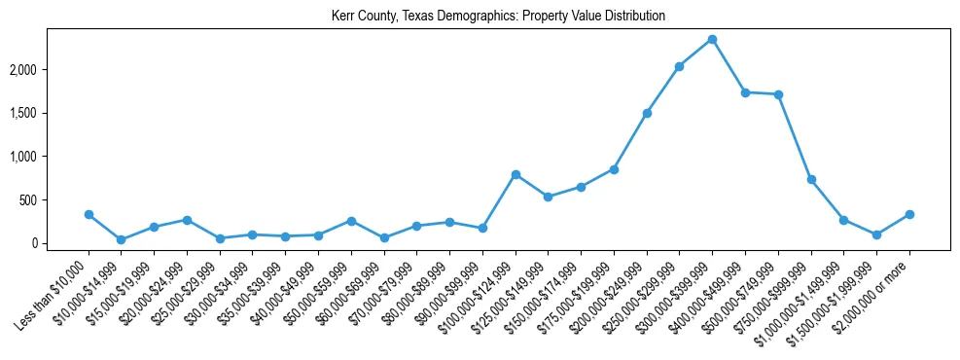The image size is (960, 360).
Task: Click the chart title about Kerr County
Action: [x=498, y=17]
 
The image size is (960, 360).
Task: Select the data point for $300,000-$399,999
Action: [x=712, y=40]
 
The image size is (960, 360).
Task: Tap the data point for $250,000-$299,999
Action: [x=679, y=67]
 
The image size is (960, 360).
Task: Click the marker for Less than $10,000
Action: [x=89, y=214]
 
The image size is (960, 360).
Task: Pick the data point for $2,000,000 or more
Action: [x=909, y=214]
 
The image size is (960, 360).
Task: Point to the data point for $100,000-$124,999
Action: [x=516, y=174]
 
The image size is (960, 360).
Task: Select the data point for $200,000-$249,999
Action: [x=647, y=113]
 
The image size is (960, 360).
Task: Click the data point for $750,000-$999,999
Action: [x=811, y=180]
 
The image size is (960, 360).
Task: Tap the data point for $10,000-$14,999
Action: [x=121, y=239]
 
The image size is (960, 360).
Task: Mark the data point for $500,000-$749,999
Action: [x=778, y=94]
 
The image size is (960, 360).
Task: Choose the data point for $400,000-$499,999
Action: [x=745, y=92]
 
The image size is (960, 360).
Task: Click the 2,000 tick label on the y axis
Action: [x=51, y=70]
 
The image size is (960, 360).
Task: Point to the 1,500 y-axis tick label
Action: [x=51, y=113]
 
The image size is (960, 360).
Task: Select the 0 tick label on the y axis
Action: [x=60, y=243]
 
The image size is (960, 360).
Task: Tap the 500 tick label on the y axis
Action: [x=54, y=200]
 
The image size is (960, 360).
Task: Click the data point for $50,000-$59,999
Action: [x=351, y=221]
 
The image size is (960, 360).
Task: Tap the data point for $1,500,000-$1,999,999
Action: [x=876, y=234]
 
